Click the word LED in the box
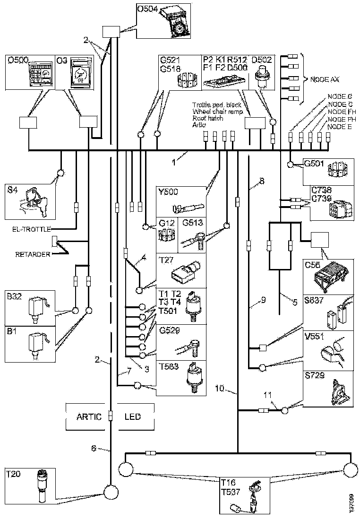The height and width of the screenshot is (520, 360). pos(132,417)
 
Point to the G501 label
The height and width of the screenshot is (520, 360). pos(314,164)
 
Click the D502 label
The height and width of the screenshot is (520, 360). pos(261,60)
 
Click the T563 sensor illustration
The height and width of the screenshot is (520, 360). pos(192,377)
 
